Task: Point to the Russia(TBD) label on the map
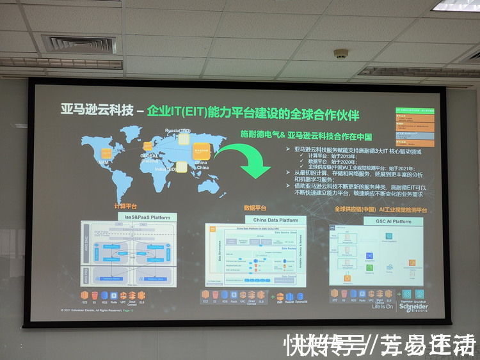click(x=178, y=131)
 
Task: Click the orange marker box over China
click(x=202, y=151)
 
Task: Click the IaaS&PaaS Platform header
click(x=147, y=217)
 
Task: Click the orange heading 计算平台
click(x=125, y=206)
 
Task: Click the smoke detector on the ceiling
click(x=340, y=54)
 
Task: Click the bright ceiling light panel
click(x=456, y=6)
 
